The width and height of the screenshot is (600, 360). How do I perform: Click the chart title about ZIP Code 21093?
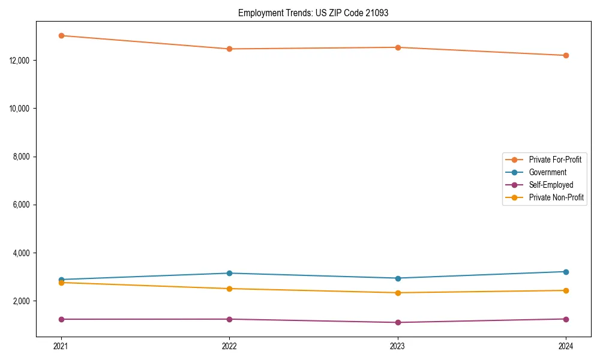[x=313, y=13]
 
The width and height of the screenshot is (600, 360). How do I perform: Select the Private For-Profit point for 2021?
[x=61, y=35]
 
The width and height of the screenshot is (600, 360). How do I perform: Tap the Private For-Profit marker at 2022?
[x=229, y=49]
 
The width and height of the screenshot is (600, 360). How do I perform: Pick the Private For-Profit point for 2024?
[x=566, y=55]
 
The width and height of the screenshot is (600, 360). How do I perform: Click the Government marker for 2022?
[x=229, y=273]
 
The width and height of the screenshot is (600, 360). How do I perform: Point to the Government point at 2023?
[x=398, y=278]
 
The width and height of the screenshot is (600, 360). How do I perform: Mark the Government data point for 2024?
[x=566, y=272]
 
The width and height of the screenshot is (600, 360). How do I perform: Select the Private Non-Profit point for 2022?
[x=229, y=289]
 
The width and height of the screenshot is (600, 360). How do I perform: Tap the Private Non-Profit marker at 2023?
[x=398, y=293]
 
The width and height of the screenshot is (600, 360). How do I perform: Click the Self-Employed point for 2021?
[x=61, y=319]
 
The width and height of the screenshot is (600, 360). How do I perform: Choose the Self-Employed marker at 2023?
[x=398, y=322]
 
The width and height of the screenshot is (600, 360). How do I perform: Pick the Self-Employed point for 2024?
[x=566, y=319]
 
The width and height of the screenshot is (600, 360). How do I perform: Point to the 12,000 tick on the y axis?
[x=21, y=61]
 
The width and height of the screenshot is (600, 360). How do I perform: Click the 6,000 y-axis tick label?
[x=23, y=205]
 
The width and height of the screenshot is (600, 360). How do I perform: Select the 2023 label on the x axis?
[x=398, y=346]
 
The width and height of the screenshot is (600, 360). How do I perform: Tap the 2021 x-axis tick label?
[x=61, y=346]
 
